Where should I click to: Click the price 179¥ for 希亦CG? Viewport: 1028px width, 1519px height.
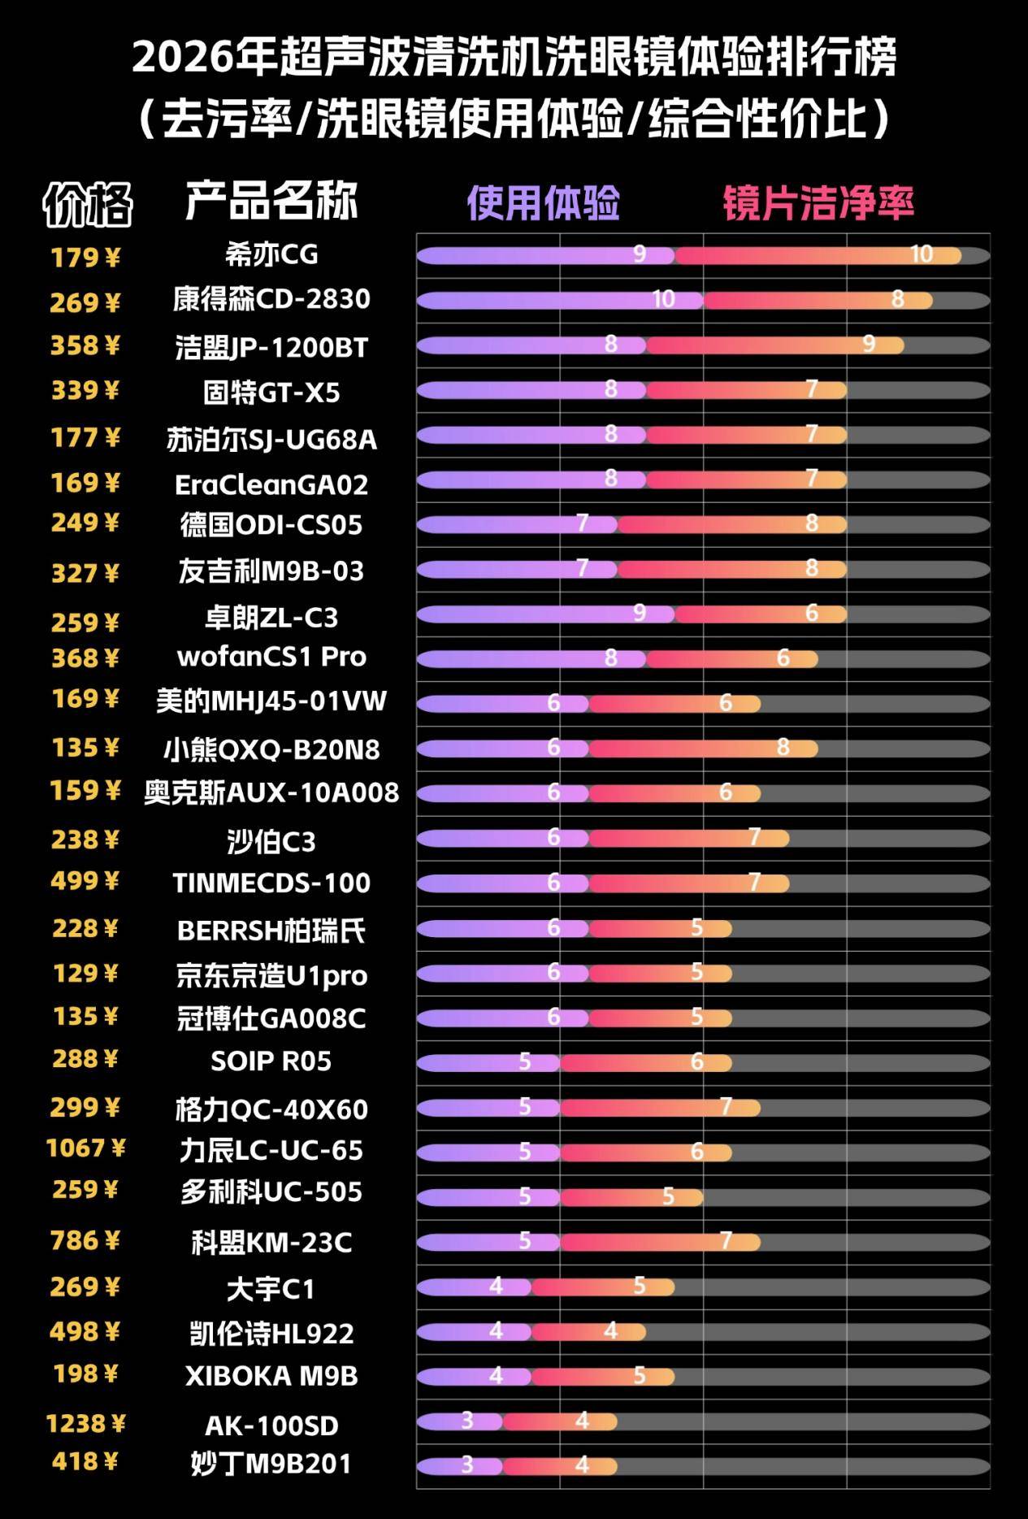(x=85, y=258)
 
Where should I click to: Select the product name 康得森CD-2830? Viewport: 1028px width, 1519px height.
(x=271, y=299)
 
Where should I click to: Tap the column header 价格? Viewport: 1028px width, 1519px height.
(x=87, y=203)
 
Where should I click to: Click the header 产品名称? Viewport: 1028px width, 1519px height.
(x=271, y=201)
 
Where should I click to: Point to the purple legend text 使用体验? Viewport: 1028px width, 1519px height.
(x=543, y=202)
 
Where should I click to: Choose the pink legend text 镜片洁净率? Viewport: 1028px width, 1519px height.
(x=818, y=202)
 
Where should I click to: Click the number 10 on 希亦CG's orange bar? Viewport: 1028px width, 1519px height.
(x=921, y=254)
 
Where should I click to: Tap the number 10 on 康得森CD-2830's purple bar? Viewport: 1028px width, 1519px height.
(x=663, y=299)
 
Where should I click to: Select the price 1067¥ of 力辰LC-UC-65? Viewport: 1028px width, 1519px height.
(x=85, y=1148)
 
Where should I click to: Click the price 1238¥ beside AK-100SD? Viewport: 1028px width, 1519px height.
(x=85, y=1423)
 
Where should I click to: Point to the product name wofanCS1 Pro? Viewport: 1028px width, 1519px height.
(x=271, y=656)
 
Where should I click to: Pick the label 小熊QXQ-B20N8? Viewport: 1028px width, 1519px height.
(x=271, y=749)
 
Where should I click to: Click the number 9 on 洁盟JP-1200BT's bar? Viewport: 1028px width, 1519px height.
(x=868, y=344)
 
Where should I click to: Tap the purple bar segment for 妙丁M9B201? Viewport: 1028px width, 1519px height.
(x=459, y=1465)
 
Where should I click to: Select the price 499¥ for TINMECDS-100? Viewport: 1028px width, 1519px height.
(x=85, y=881)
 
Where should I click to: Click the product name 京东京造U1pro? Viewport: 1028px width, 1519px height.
(x=271, y=975)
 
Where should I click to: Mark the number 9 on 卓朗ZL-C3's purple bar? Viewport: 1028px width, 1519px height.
(x=639, y=613)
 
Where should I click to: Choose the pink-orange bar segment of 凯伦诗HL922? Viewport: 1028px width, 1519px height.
(x=589, y=1331)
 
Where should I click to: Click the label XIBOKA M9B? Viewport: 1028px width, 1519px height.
(x=271, y=1375)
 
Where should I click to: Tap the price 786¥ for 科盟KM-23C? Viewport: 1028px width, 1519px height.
(x=85, y=1240)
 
